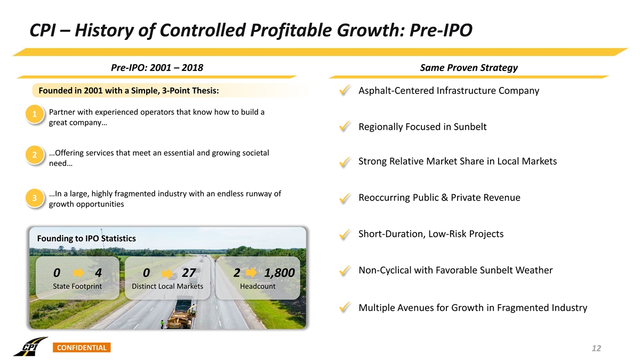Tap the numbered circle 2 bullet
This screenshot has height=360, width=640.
click(x=34, y=155)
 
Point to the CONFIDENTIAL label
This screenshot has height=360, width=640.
click(x=82, y=348)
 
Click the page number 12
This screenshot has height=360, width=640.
click(x=596, y=348)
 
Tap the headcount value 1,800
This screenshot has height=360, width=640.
click(x=279, y=273)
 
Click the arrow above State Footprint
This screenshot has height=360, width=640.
click(x=78, y=273)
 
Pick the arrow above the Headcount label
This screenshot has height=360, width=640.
click(x=252, y=273)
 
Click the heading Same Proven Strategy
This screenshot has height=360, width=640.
click(x=469, y=68)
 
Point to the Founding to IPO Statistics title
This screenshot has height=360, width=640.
click(x=86, y=238)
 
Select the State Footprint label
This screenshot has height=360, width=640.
click(x=77, y=286)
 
